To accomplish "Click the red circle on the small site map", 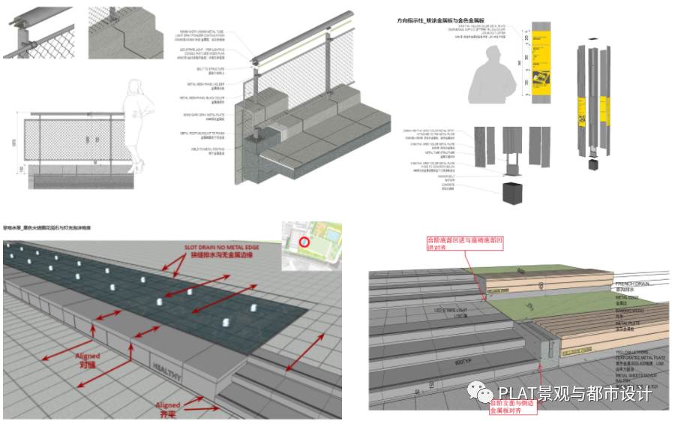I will pos(304,242).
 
